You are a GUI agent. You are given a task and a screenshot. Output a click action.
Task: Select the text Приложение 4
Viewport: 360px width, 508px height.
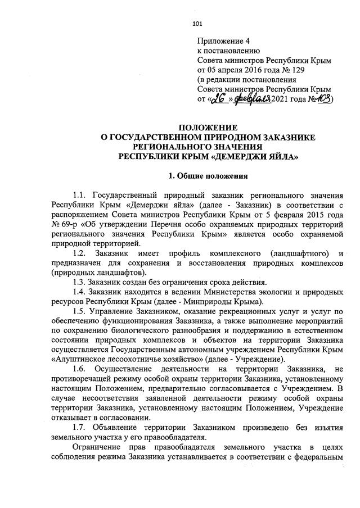coord(223,42)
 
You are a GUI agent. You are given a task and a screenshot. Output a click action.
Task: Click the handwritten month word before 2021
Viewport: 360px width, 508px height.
coord(253,99)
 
